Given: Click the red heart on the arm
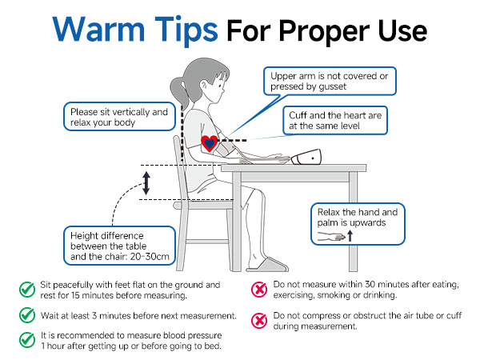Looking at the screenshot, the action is (209, 143).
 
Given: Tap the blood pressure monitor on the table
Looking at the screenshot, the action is (306, 157).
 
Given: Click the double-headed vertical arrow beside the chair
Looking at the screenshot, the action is (146, 183).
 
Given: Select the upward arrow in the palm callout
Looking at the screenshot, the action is (350, 236).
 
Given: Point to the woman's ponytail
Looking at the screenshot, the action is (178, 92).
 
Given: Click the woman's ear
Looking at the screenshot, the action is (203, 86).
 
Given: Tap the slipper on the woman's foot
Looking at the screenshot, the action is (268, 265).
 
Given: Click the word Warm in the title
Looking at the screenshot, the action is (98, 30).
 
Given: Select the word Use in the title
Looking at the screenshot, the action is (402, 30).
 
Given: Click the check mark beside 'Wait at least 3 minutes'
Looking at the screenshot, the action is (27, 315).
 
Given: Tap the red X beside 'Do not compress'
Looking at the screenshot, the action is (259, 320).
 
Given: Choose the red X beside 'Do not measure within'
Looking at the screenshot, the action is (259, 289).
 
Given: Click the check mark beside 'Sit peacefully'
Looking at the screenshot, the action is (27, 290).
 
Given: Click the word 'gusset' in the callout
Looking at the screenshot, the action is (332, 87).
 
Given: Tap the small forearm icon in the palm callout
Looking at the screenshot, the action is (331, 236).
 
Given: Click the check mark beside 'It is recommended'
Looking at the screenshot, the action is (27, 340).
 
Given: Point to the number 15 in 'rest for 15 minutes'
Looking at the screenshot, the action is (76, 295).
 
